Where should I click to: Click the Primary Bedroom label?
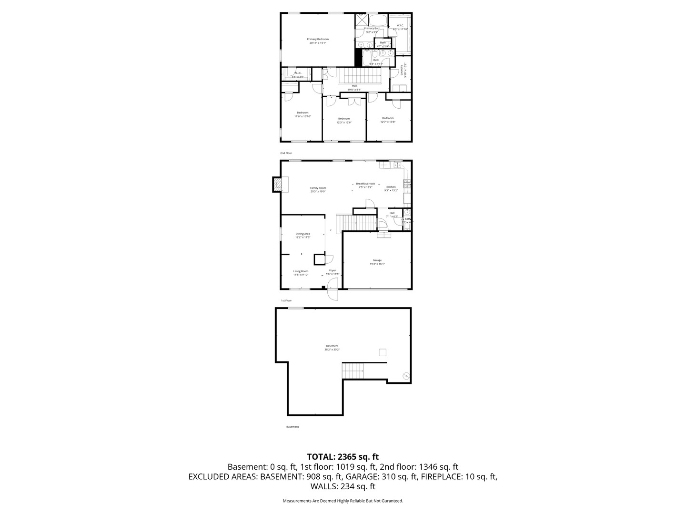[317, 39]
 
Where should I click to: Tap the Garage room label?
[377, 260]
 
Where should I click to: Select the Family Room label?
[318, 188]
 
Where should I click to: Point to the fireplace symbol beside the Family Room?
[277, 184]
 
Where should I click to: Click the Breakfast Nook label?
[365, 184]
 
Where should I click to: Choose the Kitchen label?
[391, 187]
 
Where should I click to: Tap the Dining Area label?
[303, 234]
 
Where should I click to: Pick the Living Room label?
[301, 271]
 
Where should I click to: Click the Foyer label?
[333, 270]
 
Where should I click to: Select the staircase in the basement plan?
[353, 371]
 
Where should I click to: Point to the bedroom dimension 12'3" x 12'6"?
[343, 123]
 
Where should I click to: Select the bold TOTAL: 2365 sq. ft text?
[343, 457]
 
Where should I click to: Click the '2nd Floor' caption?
[286, 153]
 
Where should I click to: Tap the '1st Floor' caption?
[286, 300]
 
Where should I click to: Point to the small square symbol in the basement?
[382, 352]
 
